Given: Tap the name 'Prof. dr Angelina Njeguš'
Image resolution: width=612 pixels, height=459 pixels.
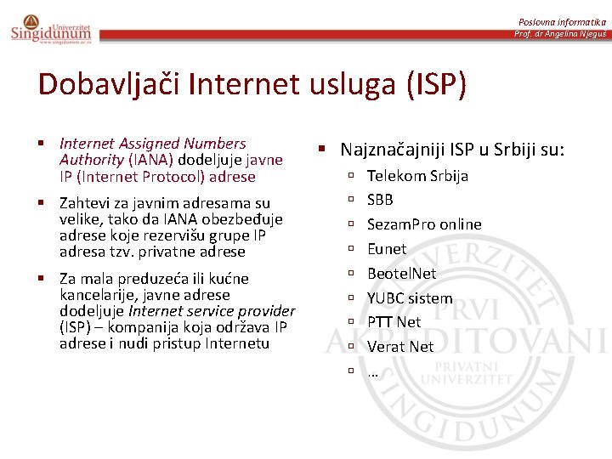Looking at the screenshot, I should pos(560,34).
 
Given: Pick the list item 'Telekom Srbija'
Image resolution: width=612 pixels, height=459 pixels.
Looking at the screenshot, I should pos(417,176).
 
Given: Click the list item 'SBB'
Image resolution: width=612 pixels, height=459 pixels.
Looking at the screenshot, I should pos(380,200).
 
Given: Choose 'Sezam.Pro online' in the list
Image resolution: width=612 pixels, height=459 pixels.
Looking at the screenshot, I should pos(424,224).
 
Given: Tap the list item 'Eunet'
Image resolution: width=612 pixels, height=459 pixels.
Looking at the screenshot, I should pos(387,249).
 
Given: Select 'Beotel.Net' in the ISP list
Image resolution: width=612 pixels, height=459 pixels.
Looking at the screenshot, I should pos(401,274).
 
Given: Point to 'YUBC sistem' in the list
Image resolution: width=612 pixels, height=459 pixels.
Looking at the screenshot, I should pos(410,298).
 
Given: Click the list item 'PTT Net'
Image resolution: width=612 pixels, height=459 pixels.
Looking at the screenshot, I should pos(394,322).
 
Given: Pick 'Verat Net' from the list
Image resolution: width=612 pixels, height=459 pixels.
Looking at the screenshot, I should pos(400,347).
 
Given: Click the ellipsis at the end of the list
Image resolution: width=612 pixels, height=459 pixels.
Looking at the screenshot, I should pos(372,372).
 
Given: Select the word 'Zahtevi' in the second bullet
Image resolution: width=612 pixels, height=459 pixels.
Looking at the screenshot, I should pos(83,203).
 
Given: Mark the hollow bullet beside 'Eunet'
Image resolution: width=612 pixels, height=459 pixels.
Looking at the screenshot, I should pos(350,249).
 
